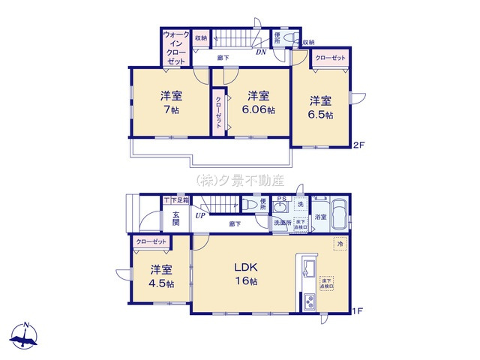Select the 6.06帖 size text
pos(259,109)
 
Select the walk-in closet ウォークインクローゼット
pos(176,49)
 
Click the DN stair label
pos(261,52)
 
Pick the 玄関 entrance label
pos(175,217)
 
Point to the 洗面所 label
pos(281,223)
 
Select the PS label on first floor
pos(281,199)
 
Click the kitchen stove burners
pos(308,303)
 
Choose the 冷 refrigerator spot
pos(339,244)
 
